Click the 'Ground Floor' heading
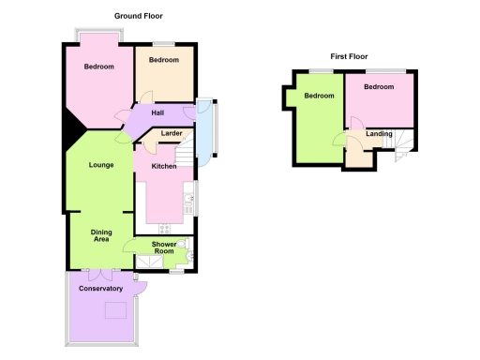141,16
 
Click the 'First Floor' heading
348,57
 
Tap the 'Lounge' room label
101,166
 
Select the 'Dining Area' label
101,236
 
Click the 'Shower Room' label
164,248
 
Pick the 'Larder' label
172,134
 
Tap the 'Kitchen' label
164,166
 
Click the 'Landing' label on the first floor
380,134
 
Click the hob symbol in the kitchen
166,229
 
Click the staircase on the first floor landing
404,144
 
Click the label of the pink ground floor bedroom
98,67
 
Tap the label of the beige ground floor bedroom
163,60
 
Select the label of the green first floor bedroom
319,96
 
